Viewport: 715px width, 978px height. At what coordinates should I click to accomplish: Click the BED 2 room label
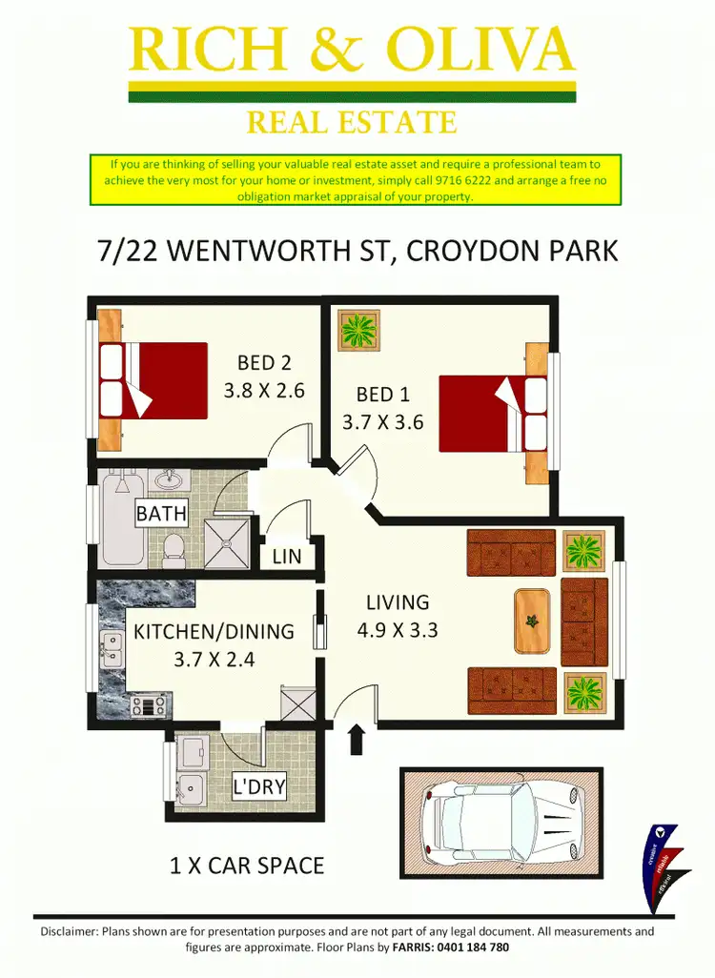264,363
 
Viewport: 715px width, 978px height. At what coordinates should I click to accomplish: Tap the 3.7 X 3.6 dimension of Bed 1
383,421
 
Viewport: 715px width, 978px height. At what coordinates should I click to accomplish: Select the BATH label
161,514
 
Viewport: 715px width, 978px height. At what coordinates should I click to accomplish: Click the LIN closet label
287,557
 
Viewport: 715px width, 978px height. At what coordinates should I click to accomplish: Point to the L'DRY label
259,787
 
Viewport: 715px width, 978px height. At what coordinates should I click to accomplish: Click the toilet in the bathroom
174,547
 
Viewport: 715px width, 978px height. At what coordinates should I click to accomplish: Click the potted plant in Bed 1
359,331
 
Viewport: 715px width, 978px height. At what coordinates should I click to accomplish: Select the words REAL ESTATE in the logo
352,123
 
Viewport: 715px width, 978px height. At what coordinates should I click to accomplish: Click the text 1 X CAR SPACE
247,866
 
